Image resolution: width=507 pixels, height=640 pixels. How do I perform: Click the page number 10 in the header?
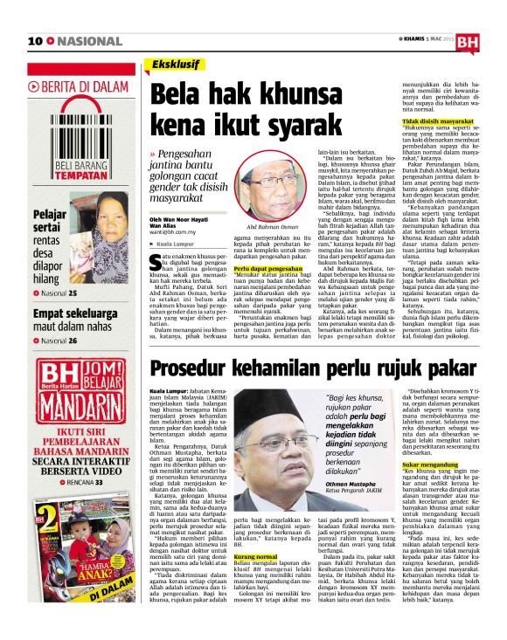[x=36, y=41]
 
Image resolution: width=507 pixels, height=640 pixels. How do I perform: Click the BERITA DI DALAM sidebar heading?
[x=80, y=86]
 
